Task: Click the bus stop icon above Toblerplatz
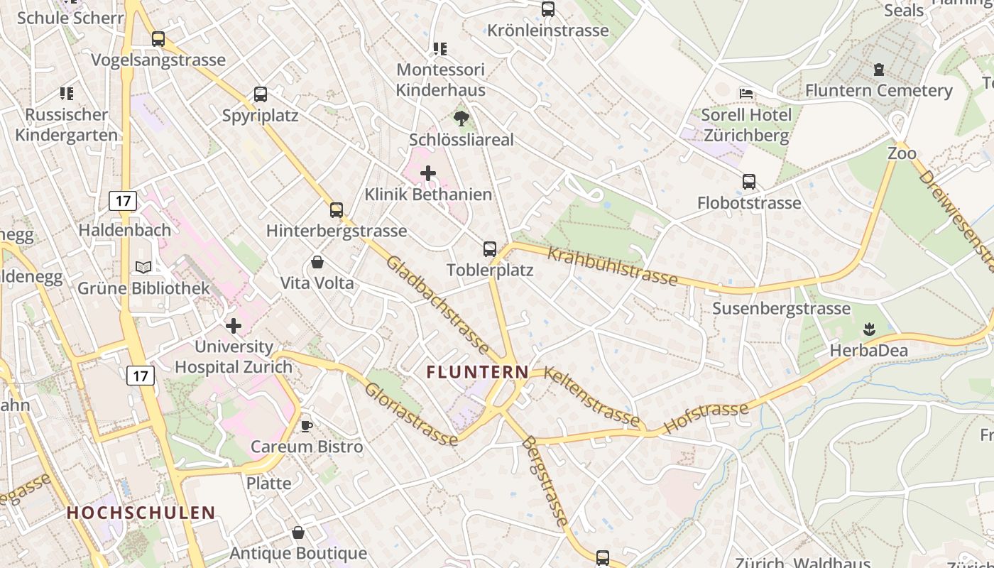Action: point(490,248)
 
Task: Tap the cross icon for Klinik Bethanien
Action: point(428,173)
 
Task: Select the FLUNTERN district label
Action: point(477,371)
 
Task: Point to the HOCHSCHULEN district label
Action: point(141,513)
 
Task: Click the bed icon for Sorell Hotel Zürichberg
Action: point(746,93)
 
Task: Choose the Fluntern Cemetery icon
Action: point(879,70)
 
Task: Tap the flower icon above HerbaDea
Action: point(869,329)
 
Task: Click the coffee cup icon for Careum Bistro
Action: point(306,425)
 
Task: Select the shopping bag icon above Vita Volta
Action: point(317,262)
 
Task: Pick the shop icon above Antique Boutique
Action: point(298,532)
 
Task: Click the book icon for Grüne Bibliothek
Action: point(143,267)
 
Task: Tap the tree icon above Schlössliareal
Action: point(461,119)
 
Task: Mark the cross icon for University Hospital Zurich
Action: point(234,326)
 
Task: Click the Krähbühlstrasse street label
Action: point(612,267)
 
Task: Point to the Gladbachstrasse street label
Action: point(436,305)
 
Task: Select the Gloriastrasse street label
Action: point(411,415)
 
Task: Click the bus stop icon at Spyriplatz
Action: point(261,94)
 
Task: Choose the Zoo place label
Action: point(902,153)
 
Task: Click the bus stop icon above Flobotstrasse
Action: point(749,182)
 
